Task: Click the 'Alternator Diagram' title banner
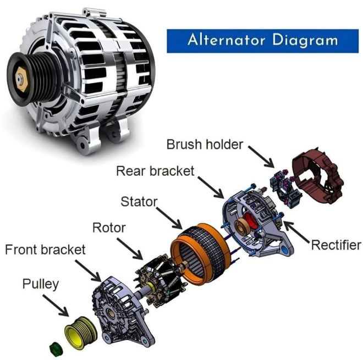pos(262,41)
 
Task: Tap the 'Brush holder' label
pos(205,145)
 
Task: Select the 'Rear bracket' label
pos(155,171)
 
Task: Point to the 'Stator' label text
pos(139,202)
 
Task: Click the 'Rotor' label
pos(109,228)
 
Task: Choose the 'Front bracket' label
pos(45,250)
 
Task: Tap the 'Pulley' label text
pos(41,284)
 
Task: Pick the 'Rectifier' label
pos(336,245)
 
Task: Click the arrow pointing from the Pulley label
pos(56,306)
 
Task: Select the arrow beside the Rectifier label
pos(297,232)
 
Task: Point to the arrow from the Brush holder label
pos(261,157)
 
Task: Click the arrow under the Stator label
pos(169,218)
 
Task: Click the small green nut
pos(56,348)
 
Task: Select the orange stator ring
pos(201,254)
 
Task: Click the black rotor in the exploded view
pos(159,280)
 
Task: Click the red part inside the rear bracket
pos(251,223)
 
